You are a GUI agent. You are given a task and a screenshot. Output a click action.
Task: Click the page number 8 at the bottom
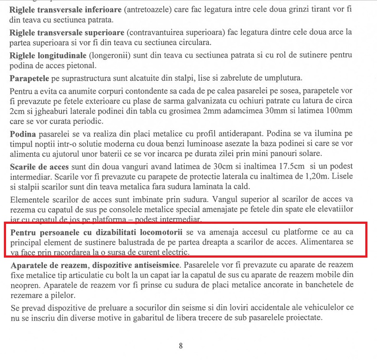[x=181, y=346]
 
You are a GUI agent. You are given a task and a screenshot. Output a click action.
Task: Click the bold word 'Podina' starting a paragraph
[x=22, y=133]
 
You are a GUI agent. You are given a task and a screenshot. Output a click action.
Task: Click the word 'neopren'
[x=22, y=285]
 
